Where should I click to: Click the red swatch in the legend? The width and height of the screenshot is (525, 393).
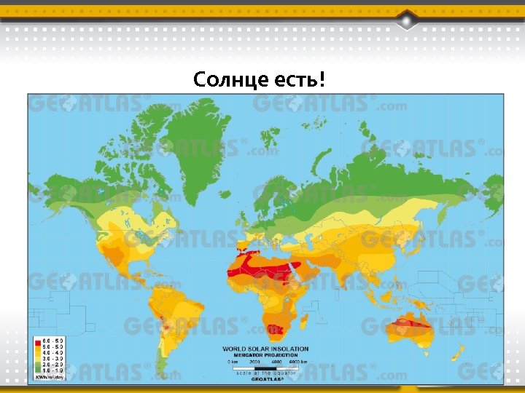point(36,341)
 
